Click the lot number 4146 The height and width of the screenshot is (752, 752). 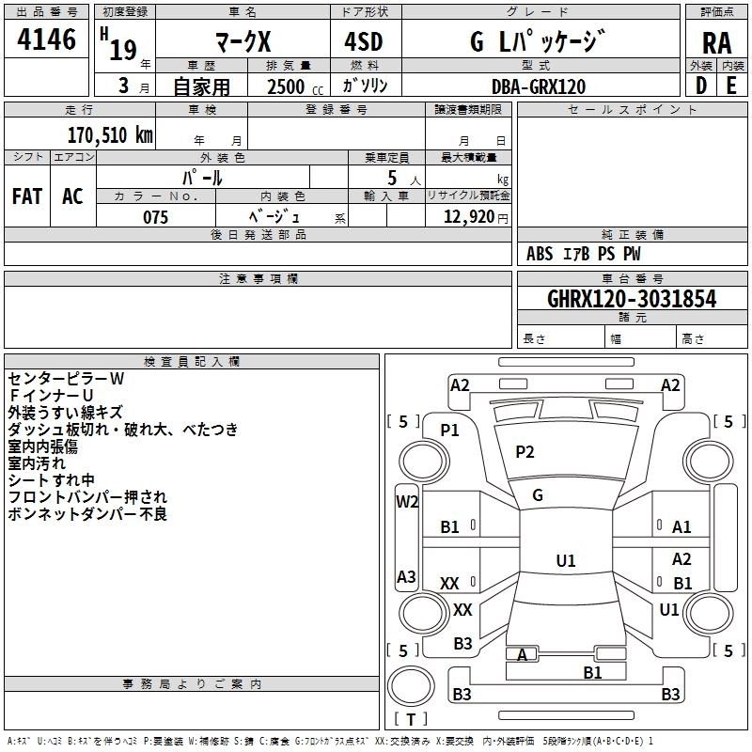[x=46, y=39]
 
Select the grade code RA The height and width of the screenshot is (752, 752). [x=716, y=43]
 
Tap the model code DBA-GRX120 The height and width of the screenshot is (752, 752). [x=539, y=86]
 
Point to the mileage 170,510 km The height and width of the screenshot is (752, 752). [x=110, y=135]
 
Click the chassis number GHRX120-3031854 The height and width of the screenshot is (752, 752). [x=632, y=299]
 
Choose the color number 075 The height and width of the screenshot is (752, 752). [x=155, y=217]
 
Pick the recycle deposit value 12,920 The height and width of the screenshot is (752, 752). [x=468, y=217]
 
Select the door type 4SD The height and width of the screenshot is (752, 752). [x=364, y=41]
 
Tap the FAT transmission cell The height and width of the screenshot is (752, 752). [x=27, y=196]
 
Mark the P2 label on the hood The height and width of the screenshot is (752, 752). [x=525, y=452]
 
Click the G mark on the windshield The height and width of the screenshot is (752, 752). [x=538, y=495]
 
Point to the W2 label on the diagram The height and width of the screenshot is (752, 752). [x=407, y=502]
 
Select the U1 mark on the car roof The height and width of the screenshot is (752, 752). [x=566, y=560]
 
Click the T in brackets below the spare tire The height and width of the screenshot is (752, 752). [x=411, y=719]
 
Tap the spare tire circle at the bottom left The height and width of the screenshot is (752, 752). [x=411, y=686]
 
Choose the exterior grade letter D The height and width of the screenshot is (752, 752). [x=700, y=86]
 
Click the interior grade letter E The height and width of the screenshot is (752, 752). [x=731, y=86]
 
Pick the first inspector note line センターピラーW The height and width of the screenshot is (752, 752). [x=66, y=379]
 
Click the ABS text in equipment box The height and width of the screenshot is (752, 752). [x=540, y=254]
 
